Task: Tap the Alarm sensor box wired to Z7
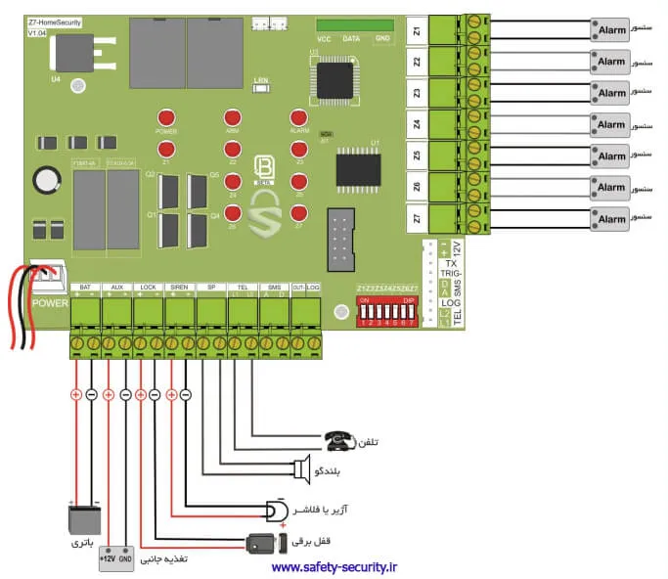611,218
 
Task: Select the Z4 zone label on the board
418,124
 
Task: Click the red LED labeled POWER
166,115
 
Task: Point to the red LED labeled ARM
233,115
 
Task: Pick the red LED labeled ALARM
299,115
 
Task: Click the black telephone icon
339,441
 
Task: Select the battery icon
84,519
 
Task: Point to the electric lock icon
261,542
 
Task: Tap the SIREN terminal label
179,288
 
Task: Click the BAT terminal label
85,288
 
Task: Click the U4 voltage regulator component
77,53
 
